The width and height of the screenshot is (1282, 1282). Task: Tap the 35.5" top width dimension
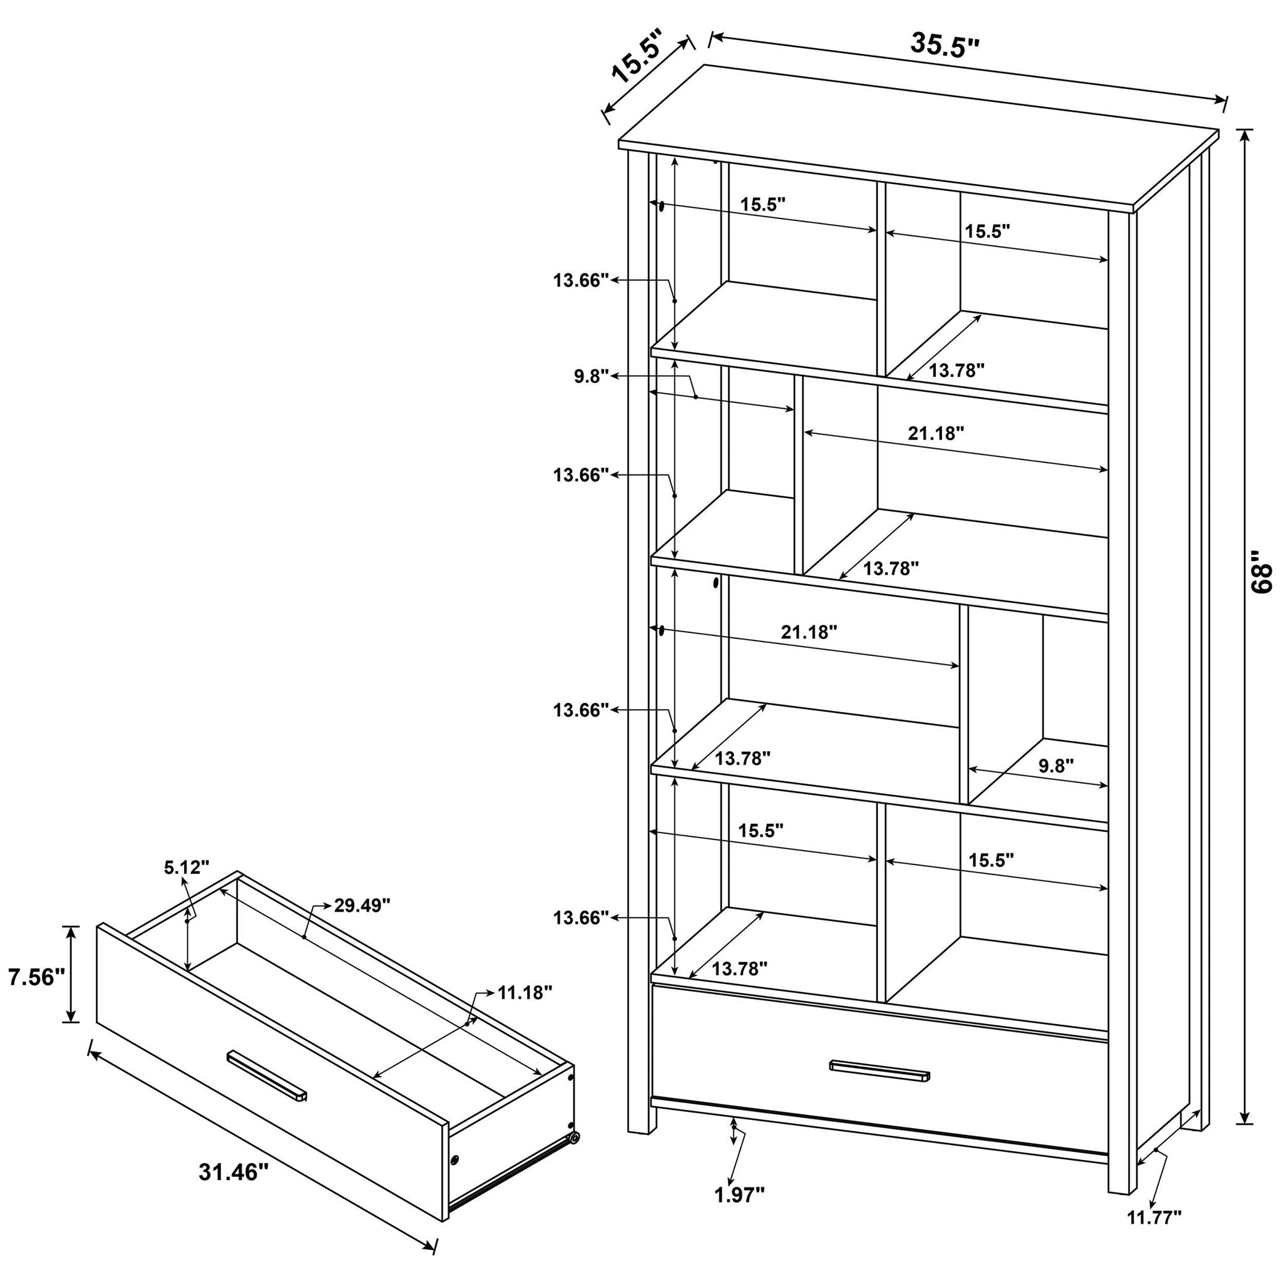(x=944, y=44)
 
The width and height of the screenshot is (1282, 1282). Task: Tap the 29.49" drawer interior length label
(x=362, y=906)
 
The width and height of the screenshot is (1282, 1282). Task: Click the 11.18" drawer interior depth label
(x=525, y=993)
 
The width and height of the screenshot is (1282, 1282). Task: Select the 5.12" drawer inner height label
(x=187, y=866)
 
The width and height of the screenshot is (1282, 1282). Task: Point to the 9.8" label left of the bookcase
(x=591, y=377)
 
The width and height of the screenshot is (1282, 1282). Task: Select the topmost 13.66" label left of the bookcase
(x=582, y=280)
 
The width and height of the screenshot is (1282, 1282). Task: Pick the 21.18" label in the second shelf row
(x=936, y=433)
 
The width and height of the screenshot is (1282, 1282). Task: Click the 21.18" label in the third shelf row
(x=809, y=632)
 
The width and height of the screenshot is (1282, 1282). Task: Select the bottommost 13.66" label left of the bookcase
(x=582, y=918)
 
